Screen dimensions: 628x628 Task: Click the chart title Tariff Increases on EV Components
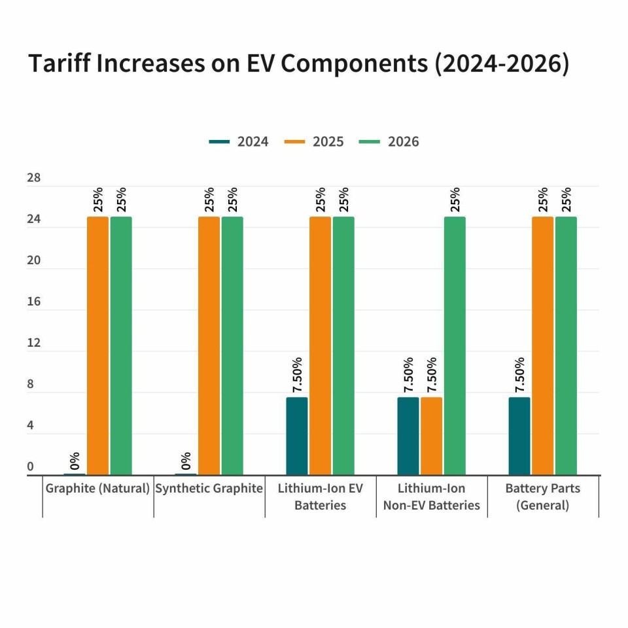click(x=298, y=63)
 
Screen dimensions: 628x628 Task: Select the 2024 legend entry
click(x=239, y=141)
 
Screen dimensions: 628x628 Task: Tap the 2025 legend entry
click(x=314, y=141)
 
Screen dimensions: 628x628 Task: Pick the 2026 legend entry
click(x=389, y=141)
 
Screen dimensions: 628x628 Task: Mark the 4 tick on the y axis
click(x=30, y=425)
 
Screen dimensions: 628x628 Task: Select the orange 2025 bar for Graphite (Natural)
click(x=97, y=345)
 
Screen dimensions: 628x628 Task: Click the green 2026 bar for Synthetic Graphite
click(x=232, y=345)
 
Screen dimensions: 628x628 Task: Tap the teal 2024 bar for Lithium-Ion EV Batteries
click(x=297, y=436)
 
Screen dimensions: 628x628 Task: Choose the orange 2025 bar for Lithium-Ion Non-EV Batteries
click(x=431, y=436)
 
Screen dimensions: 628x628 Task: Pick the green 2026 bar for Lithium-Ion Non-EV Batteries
click(x=455, y=345)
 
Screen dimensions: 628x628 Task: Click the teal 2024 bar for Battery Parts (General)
click(x=519, y=436)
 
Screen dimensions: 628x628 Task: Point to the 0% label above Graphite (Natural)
click(x=75, y=461)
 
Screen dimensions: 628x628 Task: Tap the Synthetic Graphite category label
click(x=209, y=489)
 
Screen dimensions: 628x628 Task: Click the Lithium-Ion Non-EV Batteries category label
click(x=432, y=497)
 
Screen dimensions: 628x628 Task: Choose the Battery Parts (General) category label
click(x=543, y=497)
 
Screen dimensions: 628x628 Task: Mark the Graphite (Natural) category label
click(x=98, y=489)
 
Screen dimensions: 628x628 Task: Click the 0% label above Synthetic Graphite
click(x=186, y=461)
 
